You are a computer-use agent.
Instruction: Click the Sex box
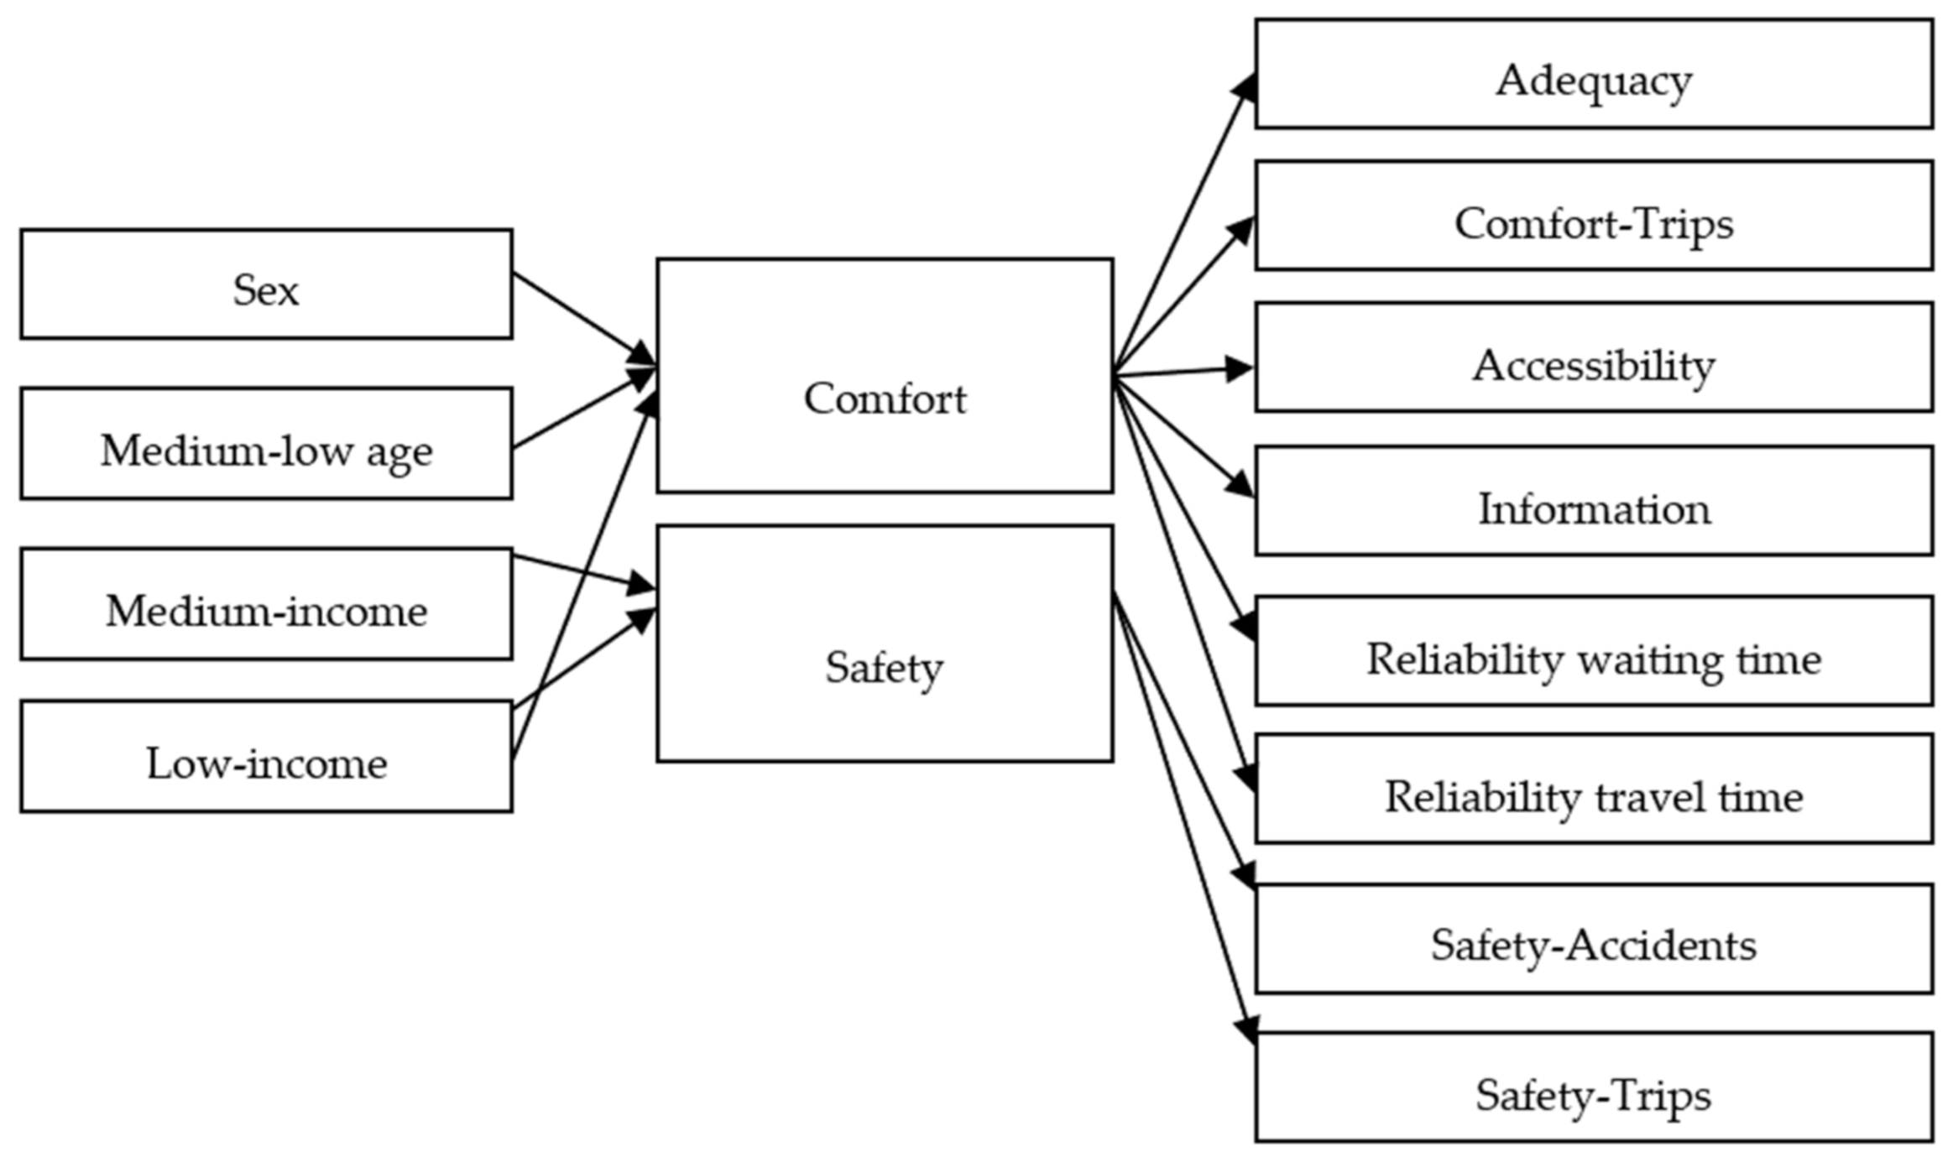tap(266, 284)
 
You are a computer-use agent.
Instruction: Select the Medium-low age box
tap(266, 444)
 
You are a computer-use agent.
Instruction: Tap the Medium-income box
tap(266, 604)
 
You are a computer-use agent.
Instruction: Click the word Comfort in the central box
tap(885, 399)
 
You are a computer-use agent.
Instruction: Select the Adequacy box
tap(1593, 75)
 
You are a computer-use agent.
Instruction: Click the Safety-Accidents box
tap(1593, 939)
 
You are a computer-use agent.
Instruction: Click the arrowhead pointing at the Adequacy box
tap(1246, 88)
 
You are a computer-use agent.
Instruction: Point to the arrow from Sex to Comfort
tap(579, 316)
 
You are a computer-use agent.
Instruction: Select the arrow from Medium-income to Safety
tap(579, 571)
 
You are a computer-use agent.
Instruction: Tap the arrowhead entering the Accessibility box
tap(1239, 368)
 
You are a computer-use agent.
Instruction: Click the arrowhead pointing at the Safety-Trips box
tap(1248, 1029)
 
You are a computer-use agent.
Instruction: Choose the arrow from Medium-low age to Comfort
tap(579, 411)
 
